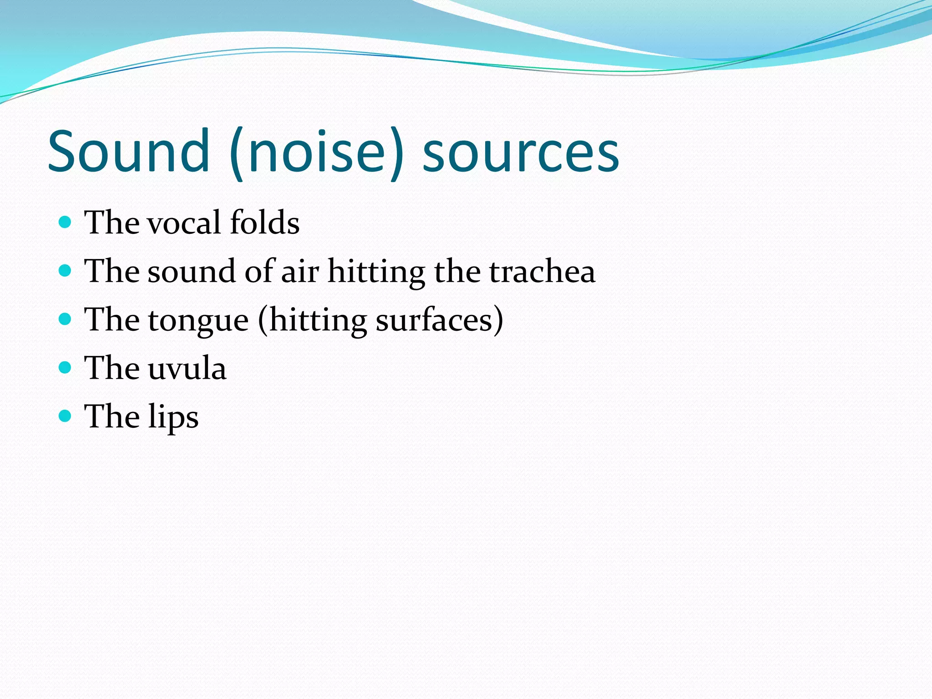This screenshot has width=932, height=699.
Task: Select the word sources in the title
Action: coord(521,152)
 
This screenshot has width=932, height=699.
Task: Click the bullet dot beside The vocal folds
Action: coord(66,222)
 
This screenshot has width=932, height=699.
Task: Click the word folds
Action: coord(264,223)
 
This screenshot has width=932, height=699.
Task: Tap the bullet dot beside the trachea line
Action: coord(66,271)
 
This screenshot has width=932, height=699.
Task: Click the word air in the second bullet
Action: coord(300,272)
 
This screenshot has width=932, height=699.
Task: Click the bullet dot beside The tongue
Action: coord(66,319)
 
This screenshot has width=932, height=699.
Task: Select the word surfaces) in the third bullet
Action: coord(440,320)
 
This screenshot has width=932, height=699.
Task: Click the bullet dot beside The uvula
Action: coord(66,367)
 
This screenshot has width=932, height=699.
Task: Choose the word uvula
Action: coord(187,369)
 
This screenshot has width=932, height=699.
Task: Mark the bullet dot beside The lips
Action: coord(66,415)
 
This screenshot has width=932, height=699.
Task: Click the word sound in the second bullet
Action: coord(192,272)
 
